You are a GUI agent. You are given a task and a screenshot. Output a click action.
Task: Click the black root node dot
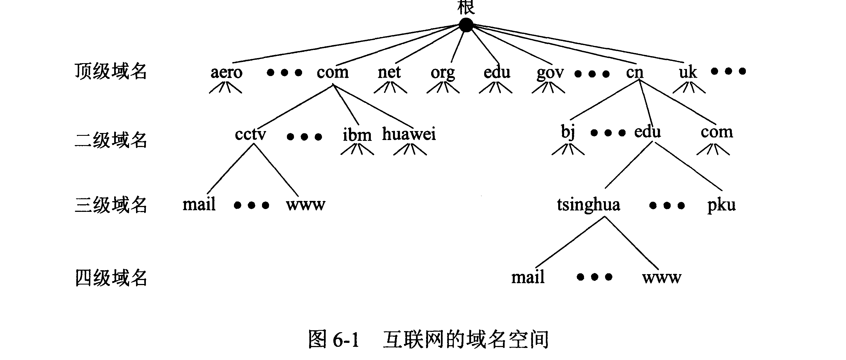click(466, 25)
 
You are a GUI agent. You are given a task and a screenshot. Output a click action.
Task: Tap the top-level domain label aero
click(226, 72)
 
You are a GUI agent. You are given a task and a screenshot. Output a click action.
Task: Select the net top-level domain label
click(389, 72)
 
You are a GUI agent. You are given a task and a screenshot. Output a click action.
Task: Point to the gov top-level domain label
click(550, 73)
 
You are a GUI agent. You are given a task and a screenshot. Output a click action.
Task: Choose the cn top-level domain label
click(634, 72)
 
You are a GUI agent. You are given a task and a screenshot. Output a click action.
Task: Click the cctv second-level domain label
click(250, 134)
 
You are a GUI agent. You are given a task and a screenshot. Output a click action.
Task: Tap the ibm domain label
click(357, 135)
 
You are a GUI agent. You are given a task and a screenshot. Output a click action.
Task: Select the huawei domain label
click(409, 134)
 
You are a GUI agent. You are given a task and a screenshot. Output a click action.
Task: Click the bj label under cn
click(568, 132)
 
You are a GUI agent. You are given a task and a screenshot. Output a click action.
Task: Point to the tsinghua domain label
click(588, 205)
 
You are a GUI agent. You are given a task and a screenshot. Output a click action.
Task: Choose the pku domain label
click(721, 205)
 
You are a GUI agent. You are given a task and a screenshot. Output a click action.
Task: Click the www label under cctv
click(305, 205)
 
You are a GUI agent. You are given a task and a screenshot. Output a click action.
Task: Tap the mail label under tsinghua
click(528, 277)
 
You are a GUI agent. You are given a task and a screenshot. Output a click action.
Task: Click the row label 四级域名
click(111, 278)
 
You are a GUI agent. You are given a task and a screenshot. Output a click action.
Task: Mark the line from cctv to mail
click(230, 169)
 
